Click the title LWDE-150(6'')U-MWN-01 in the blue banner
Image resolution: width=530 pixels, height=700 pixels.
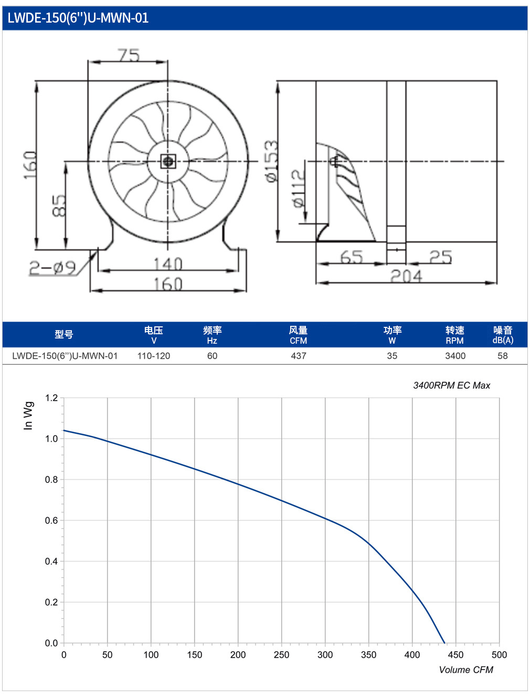point(78,18)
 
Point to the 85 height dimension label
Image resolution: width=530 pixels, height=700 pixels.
point(59,205)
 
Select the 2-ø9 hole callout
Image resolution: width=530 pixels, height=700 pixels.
point(52,267)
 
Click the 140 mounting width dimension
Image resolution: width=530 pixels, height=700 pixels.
point(168,264)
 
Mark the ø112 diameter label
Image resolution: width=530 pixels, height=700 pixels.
point(298,188)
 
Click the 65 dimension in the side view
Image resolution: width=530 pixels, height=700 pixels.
point(352,257)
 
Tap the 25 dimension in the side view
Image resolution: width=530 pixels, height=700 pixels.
point(441,257)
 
